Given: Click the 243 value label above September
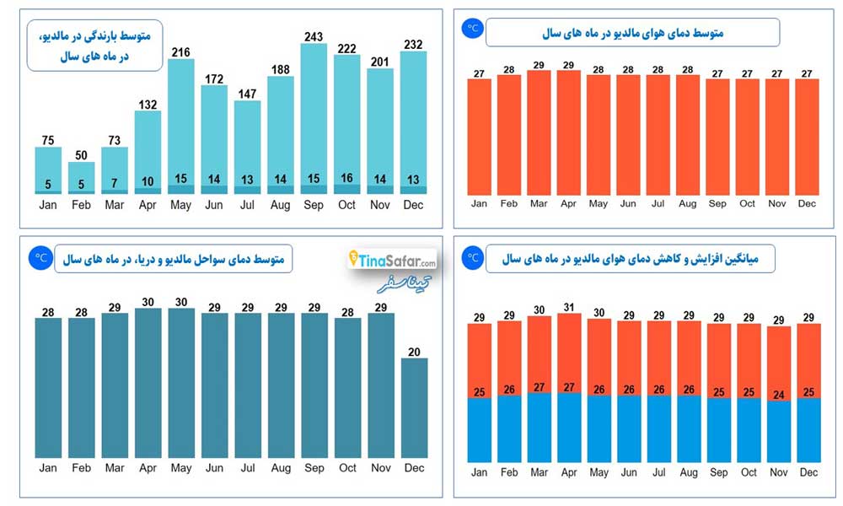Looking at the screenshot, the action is pos(314,36).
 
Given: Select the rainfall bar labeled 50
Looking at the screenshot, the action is pos(81,178).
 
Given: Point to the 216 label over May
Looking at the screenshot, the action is pos(180,52).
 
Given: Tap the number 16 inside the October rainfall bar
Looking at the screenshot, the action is pos(346,178).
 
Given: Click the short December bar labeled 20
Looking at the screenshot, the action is pos(414,408).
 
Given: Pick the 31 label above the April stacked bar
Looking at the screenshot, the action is pos(569,307).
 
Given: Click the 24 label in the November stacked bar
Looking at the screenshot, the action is pos(778,396).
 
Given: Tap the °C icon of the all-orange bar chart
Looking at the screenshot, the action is pos(473,28).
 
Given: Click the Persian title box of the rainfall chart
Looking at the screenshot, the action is pos(94,46).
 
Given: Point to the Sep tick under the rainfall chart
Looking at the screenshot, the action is pos(314,205).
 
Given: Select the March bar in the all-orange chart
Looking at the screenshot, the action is pos(539,132).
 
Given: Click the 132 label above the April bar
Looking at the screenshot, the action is pos(148,105).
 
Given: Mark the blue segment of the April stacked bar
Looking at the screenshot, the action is pos(569,428).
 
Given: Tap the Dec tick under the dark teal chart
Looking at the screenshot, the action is pos(414,468).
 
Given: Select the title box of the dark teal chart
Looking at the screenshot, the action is pos(173,259).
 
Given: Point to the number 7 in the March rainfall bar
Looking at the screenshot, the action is pos(114,183).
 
